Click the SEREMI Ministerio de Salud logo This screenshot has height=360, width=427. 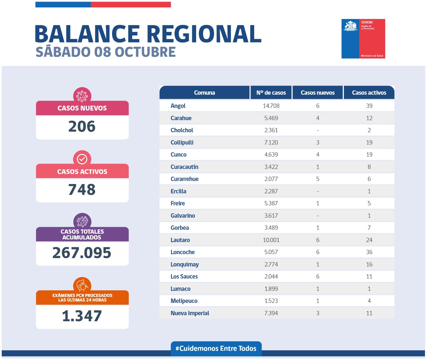[x=363, y=39]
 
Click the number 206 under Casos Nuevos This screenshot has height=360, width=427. [x=82, y=127]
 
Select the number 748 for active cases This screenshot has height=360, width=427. [x=82, y=190]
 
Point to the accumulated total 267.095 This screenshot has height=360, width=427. [x=82, y=253]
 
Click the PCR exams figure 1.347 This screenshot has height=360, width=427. [x=82, y=316]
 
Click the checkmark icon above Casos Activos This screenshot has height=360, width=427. [x=82, y=159]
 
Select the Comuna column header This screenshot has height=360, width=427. [x=204, y=93]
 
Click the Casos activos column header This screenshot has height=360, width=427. [x=369, y=93]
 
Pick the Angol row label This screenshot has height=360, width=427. [x=178, y=106]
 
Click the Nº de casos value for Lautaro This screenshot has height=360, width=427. [x=271, y=240]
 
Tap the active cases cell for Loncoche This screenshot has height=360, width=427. [x=369, y=252]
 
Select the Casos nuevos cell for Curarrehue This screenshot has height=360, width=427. [x=318, y=179]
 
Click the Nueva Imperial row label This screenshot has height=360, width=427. [x=190, y=313]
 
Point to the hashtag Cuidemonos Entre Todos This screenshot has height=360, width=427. [x=216, y=349]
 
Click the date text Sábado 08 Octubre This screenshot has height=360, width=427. [x=106, y=52]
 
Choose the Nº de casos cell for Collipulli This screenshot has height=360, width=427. [x=271, y=143]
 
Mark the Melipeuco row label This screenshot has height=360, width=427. [x=184, y=301]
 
